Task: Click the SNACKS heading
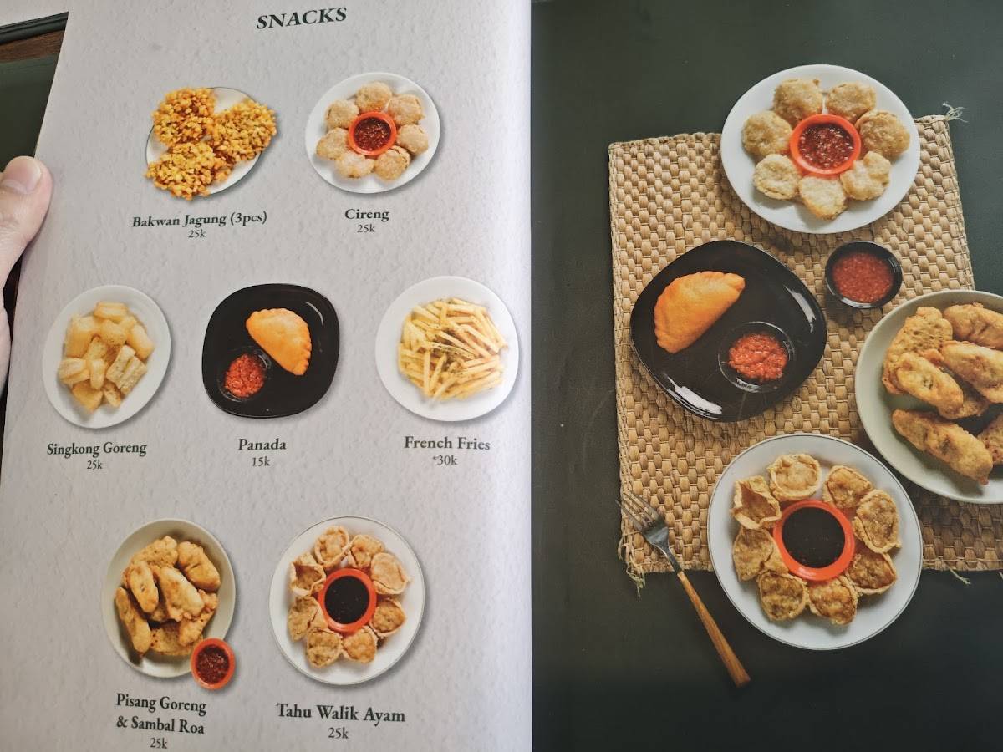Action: (301, 18)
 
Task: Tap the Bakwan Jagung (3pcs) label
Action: (200, 220)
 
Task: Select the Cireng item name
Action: (367, 214)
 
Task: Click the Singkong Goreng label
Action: (96, 449)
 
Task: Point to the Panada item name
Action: (262, 445)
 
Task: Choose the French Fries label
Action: (446, 444)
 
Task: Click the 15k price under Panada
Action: (261, 461)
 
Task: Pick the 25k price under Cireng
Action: (365, 228)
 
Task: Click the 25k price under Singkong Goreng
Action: (94, 465)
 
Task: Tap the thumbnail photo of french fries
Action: (447, 348)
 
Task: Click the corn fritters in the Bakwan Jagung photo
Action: (211, 143)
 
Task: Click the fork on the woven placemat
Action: (683, 587)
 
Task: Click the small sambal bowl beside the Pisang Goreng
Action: (212, 663)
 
